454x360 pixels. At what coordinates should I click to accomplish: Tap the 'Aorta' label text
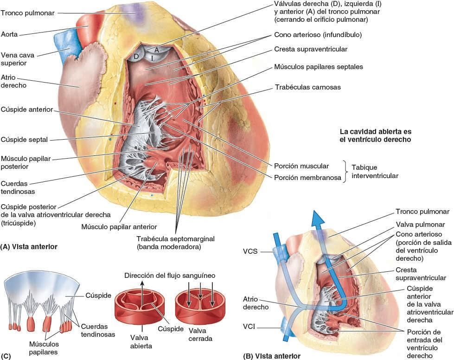(10, 34)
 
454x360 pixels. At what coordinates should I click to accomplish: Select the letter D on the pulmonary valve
(136, 57)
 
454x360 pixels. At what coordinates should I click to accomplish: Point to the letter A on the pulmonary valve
(157, 49)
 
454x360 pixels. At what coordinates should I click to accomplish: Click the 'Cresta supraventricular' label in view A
(310, 49)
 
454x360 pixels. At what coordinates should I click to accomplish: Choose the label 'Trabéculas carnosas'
(307, 87)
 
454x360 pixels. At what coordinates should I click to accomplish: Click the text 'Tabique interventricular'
(375, 172)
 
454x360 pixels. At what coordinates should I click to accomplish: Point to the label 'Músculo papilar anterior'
(119, 227)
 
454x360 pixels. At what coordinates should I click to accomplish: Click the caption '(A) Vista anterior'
(29, 247)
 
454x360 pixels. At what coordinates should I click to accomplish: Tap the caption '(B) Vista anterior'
(271, 356)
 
